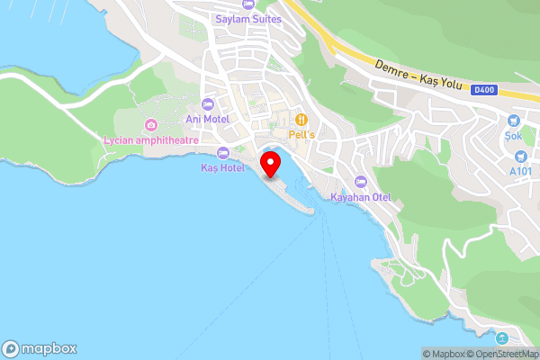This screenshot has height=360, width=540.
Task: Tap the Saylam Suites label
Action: [x=248, y=19]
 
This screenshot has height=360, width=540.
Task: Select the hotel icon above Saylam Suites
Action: [x=248, y=4]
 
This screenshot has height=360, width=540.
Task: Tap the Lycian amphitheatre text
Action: [x=150, y=139]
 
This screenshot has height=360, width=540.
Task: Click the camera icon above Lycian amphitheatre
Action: [x=150, y=124]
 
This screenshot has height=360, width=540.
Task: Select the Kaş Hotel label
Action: [x=223, y=168]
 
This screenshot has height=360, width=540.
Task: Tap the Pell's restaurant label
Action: [x=302, y=133]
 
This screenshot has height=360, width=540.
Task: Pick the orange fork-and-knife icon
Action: [x=302, y=118]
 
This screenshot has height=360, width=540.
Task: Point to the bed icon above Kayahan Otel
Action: [x=361, y=182]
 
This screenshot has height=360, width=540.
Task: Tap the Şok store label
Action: [x=514, y=135]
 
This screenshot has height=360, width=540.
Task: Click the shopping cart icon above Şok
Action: [x=514, y=120]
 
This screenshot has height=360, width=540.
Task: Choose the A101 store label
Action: [x=521, y=170]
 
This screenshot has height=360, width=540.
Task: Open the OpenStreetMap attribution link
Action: [x=506, y=354]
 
